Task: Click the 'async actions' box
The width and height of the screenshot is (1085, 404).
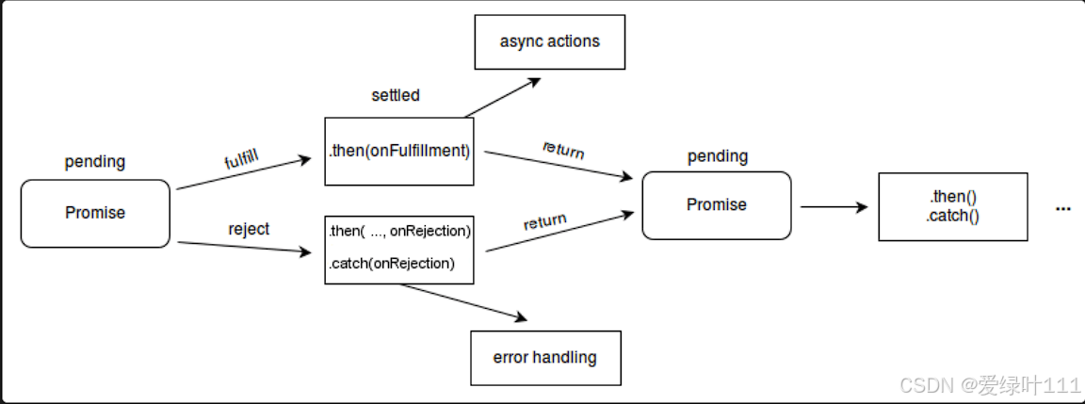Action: pyautogui.click(x=549, y=41)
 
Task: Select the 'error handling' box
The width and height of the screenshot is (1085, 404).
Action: pyautogui.click(x=545, y=358)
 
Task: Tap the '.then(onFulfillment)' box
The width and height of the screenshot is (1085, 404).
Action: pyautogui.click(x=398, y=151)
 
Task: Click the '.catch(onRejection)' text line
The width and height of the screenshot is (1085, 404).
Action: pyautogui.click(x=391, y=264)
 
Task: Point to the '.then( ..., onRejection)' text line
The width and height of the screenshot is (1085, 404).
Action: pyautogui.click(x=399, y=231)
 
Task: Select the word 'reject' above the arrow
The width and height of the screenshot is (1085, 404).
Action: pyautogui.click(x=249, y=229)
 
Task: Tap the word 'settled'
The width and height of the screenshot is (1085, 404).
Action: pyautogui.click(x=396, y=95)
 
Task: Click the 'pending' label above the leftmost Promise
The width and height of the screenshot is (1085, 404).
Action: pyautogui.click(x=94, y=161)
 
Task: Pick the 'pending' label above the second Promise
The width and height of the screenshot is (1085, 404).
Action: pyautogui.click(x=717, y=155)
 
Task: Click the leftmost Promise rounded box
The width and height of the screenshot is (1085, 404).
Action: pyautogui.click(x=95, y=213)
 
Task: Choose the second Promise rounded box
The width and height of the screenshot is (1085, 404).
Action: pyautogui.click(x=717, y=205)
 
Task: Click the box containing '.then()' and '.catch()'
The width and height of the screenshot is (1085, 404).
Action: pyautogui.click(x=952, y=206)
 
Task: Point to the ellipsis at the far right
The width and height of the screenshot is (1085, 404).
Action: pyautogui.click(x=1063, y=208)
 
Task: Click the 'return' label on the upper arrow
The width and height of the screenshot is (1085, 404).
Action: pyautogui.click(x=563, y=149)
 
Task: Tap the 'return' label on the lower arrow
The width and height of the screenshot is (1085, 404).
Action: pyautogui.click(x=544, y=223)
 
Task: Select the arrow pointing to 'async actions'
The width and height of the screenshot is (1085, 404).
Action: pyautogui.click(x=504, y=97)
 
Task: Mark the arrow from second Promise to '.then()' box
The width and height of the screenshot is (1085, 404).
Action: pyautogui.click(x=834, y=207)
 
